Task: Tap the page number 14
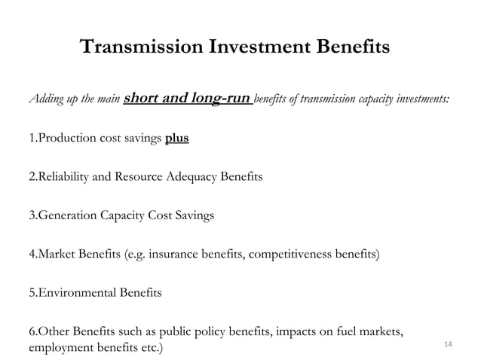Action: [448, 344]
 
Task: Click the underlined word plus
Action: [177, 139]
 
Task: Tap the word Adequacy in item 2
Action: [189, 178]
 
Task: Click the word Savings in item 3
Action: [194, 216]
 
